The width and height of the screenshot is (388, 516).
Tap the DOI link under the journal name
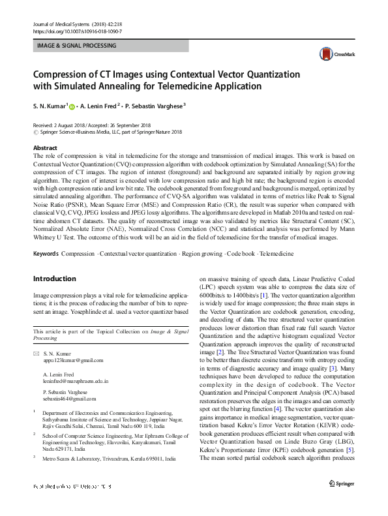click(x=77, y=31)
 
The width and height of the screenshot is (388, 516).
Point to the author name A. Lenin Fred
click(x=98, y=105)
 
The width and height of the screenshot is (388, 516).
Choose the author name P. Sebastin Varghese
click(x=154, y=105)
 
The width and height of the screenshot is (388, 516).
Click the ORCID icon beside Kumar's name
click(x=72, y=105)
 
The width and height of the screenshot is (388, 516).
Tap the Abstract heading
click(x=45, y=149)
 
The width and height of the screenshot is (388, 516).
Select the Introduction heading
click(x=55, y=279)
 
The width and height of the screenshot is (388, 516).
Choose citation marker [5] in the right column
click(x=350, y=449)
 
